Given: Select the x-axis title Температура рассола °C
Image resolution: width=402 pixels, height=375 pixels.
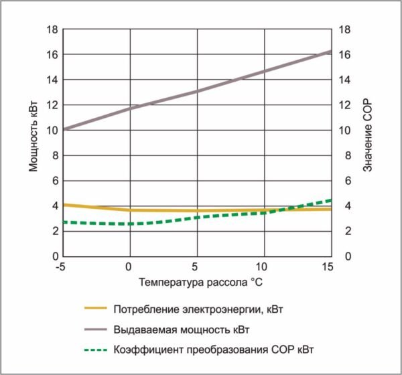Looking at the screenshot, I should click(196, 282).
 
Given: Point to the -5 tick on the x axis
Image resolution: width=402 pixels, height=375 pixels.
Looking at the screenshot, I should click(61, 266).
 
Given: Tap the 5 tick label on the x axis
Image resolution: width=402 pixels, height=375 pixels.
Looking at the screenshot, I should click(196, 266).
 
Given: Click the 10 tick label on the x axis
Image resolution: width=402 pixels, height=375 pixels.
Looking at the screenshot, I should click(263, 266).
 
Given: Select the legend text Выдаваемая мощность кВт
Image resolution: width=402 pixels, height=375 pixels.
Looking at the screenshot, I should click(186, 329).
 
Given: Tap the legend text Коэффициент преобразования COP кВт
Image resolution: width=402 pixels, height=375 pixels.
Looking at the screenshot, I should click(214, 349).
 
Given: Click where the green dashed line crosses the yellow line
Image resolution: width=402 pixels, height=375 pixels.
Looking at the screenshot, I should click(278, 210).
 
